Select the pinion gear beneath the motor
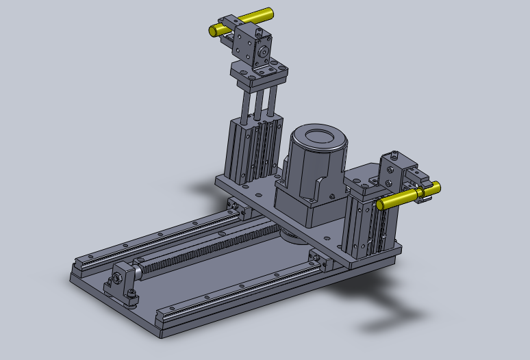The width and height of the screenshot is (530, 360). [291, 236]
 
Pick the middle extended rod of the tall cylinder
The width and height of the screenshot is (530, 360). [258, 103]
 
